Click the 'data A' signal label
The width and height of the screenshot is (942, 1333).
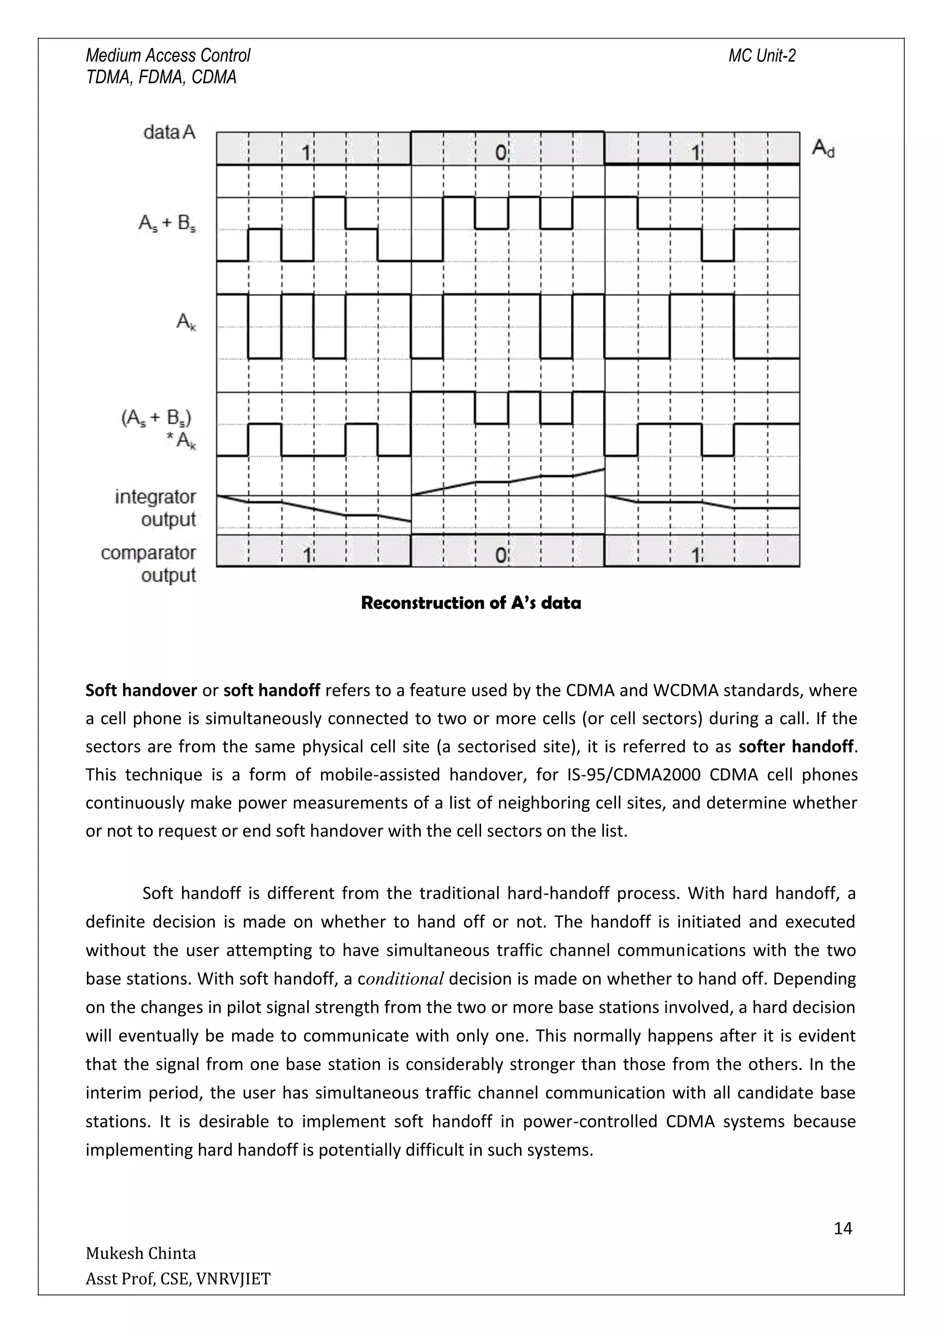(169, 132)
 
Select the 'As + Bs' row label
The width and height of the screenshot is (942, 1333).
(167, 224)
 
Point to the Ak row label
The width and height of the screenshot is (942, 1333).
(186, 322)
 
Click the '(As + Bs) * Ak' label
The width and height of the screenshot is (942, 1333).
(158, 429)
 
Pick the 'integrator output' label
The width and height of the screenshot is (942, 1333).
(155, 508)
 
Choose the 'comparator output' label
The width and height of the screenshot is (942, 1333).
(149, 563)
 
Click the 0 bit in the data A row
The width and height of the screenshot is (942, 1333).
(501, 153)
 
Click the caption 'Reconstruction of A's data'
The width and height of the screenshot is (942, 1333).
(471, 603)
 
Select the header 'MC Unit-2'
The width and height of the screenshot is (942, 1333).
(762, 56)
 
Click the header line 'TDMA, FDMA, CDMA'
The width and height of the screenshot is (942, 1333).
(161, 77)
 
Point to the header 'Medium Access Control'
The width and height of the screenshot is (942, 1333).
(168, 56)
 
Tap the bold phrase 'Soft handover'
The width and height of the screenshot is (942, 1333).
(141, 690)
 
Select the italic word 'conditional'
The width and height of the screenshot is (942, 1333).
(405, 979)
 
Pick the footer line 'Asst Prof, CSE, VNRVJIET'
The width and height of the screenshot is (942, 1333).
(178, 1278)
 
